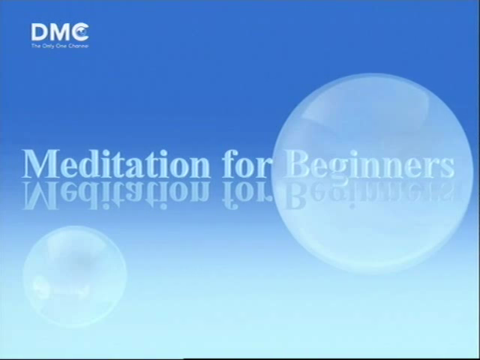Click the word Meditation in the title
pyautogui.click(x=115, y=163)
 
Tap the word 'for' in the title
pyautogui.click(x=245, y=163)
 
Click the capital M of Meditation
pyautogui.click(x=40, y=163)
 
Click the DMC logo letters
pyautogui.click(x=60, y=31)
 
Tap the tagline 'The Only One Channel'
pyautogui.click(x=60, y=46)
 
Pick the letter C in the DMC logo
pyautogui.click(x=81, y=31)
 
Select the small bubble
pyautogui.click(x=74, y=276)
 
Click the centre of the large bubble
pyautogui.click(x=372, y=173)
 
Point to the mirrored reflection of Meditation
pyautogui.click(x=116, y=195)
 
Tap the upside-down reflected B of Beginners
pyautogui.click(x=295, y=195)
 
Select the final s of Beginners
pyautogui.click(x=448, y=168)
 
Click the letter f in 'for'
pyautogui.click(x=231, y=163)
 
